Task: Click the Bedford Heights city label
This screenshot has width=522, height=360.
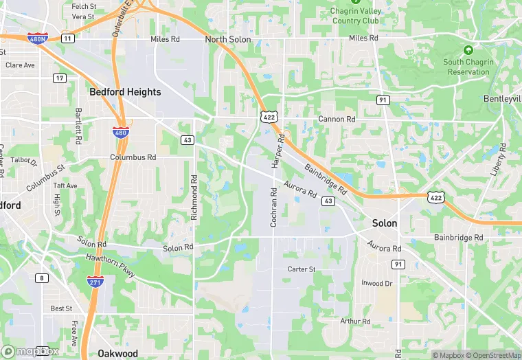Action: click(125, 92)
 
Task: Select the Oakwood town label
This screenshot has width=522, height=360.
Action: click(117, 354)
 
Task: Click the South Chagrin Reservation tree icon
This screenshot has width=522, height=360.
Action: click(468, 51)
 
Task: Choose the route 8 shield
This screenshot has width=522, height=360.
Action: click(43, 278)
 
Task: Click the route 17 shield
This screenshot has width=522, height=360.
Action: click(60, 78)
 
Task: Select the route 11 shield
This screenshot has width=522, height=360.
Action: click(67, 38)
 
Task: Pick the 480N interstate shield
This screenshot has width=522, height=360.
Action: click(38, 38)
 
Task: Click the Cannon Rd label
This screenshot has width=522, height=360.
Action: click(337, 120)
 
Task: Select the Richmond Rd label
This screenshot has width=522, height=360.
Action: click(194, 198)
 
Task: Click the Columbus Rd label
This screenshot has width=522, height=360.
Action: click(133, 157)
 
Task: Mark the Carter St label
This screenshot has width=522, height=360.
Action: click(302, 269)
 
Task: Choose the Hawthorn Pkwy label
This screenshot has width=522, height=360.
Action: click(111, 265)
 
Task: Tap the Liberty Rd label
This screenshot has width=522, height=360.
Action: click(499, 159)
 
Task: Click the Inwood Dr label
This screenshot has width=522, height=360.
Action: click(377, 283)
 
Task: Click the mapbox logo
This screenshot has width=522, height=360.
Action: click(30, 351)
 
